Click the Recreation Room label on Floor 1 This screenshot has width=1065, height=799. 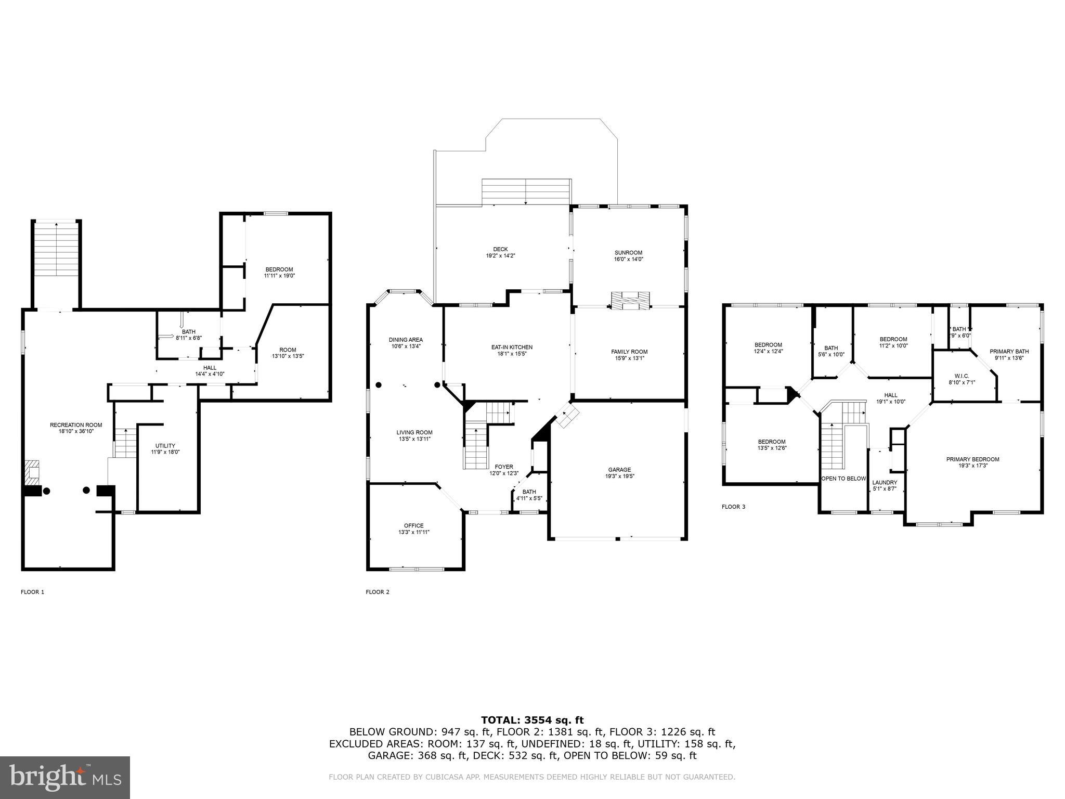point(76,424)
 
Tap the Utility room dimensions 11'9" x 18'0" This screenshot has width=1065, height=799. point(165,452)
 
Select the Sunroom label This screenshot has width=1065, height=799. point(628,252)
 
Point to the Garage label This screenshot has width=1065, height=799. point(619,469)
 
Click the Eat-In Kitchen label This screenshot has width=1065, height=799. point(512,347)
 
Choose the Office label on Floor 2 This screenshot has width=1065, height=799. point(413,525)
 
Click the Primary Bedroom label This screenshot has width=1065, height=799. point(972,459)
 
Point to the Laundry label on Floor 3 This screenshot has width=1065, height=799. point(885,482)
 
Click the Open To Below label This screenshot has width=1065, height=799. point(843,479)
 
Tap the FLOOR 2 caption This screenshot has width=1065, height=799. point(377,592)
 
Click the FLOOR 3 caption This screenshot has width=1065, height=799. point(733,507)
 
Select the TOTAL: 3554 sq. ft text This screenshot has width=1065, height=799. point(532,720)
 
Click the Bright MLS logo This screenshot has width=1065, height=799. point(65,777)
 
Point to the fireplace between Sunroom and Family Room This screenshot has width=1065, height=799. point(630,301)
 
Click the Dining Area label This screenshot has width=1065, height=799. point(406,340)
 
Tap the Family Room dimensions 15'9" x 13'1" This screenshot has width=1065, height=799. point(629,358)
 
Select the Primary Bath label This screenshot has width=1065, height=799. point(1009,351)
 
